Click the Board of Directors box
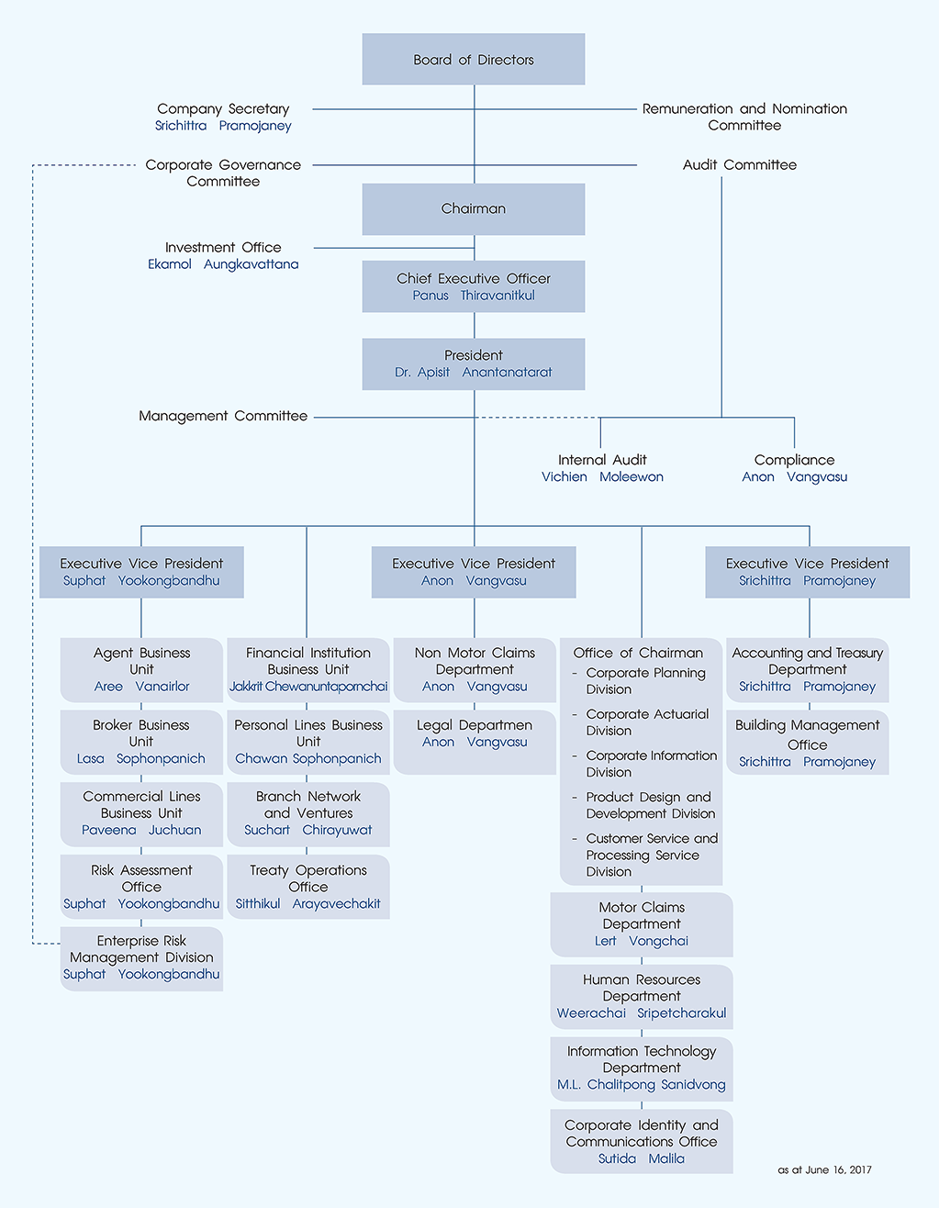click(x=473, y=60)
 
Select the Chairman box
click(x=473, y=208)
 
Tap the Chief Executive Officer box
click(x=473, y=285)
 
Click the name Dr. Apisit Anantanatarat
click(x=473, y=373)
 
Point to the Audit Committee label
click(x=739, y=165)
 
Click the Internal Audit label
click(x=602, y=460)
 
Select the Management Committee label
click(x=223, y=416)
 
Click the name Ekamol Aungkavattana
click(x=223, y=264)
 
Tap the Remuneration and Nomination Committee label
click(x=744, y=117)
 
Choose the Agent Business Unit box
click(x=141, y=669)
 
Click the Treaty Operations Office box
click(x=307, y=886)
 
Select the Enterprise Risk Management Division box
click(x=141, y=957)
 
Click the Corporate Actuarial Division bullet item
click(x=647, y=722)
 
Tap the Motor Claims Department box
click(x=642, y=923)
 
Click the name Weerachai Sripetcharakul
click(x=642, y=1013)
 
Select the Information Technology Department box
click(x=642, y=1067)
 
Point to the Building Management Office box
click(x=807, y=742)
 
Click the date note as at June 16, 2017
click(x=824, y=1170)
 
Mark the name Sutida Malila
click(x=642, y=1159)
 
